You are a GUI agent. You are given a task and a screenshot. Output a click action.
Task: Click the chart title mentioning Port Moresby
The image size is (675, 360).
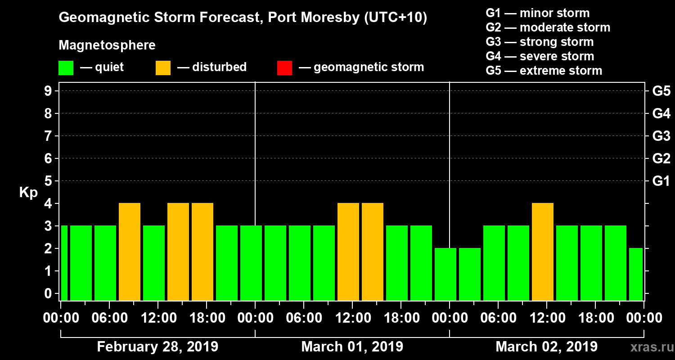(x=243, y=18)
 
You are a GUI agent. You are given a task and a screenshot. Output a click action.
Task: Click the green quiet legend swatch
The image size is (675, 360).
(x=66, y=68)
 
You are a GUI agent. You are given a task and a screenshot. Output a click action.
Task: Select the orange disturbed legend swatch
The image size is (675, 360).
(x=163, y=68)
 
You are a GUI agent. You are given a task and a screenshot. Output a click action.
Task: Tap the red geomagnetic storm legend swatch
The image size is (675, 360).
(x=284, y=68)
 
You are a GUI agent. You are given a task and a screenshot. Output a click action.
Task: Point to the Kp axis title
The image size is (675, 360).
(x=28, y=192)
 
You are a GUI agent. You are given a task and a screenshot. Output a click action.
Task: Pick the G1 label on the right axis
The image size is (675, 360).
(x=661, y=181)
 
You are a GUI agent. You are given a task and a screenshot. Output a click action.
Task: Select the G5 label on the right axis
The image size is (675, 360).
(x=661, y=91)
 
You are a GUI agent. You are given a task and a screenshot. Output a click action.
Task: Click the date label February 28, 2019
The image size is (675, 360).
(x=157, y=347)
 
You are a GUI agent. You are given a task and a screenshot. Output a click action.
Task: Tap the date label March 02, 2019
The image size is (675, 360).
(x=546, y=347)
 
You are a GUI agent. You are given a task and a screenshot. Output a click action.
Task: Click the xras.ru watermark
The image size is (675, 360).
(x=648, y=347)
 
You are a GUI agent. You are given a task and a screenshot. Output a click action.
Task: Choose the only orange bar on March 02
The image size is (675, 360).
(x=542, y=252)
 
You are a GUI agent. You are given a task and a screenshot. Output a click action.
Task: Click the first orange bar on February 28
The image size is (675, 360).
(x=130, y=252)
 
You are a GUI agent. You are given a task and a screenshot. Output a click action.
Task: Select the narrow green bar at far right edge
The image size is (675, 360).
(x=635, y=274)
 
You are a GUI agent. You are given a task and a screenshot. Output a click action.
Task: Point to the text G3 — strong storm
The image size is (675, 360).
(x=540, y=42)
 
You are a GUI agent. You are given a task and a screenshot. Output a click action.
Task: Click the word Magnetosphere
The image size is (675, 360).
(x=107, y=45)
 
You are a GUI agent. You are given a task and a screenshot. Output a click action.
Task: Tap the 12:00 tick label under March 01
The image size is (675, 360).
(x=352, y=318)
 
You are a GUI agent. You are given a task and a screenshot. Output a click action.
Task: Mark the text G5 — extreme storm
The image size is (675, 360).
(x=544, y=71)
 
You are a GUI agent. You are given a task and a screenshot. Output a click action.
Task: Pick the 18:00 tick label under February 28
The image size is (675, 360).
(x=207, y=318)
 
